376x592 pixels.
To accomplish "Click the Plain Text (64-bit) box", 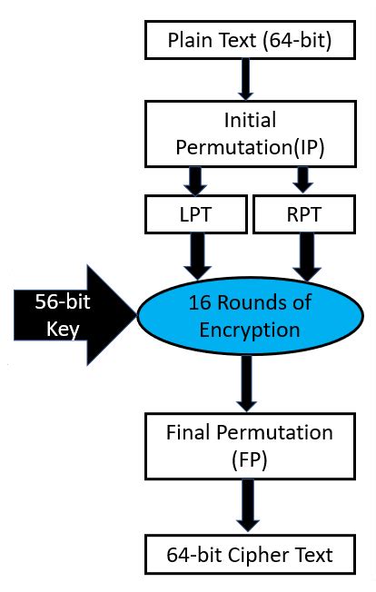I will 249,40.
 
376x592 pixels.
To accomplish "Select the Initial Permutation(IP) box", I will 249,133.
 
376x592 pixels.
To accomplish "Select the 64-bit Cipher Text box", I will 249,553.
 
